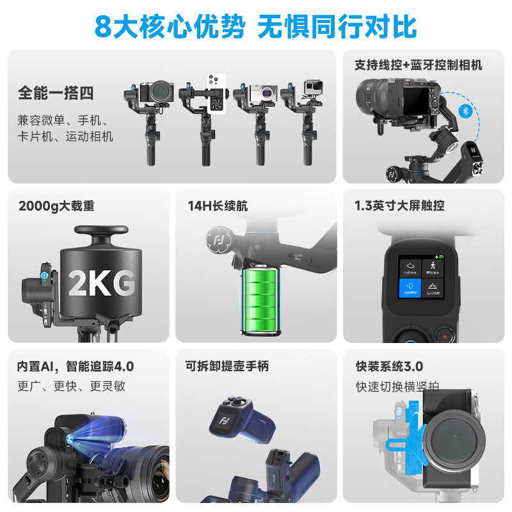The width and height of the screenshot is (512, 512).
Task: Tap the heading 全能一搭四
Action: click(56, 93)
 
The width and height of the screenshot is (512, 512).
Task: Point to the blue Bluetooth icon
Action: click(466, 111)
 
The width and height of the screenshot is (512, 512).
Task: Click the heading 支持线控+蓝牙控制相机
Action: click(419, 65)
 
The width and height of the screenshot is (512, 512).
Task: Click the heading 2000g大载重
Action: click(57, 206)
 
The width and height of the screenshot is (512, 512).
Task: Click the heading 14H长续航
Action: click(218, 206)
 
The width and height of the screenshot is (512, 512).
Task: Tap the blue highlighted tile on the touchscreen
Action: click(410, 291)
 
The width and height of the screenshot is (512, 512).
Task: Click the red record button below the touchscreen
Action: click(444, 334)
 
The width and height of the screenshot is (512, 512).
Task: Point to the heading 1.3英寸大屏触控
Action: click(399, 206)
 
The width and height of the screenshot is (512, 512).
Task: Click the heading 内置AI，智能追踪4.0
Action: click(76, 367)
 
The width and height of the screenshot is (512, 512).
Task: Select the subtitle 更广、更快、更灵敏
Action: click(71, 386)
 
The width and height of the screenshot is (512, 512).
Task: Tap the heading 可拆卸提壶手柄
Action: click(227, 367)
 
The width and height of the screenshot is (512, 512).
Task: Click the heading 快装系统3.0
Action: click(390, 367)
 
